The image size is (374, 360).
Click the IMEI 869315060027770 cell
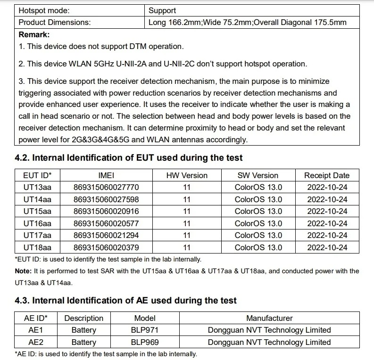click(106, 187)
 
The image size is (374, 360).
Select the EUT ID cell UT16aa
click(37, 223)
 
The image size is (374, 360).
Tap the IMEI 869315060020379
click(106, 247)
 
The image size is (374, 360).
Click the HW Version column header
click(187, 175)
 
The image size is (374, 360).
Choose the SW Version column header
click(258, 175)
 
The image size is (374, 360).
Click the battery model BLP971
click(145, 330)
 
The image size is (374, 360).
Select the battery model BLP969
click(145, 343)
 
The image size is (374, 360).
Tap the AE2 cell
click(36, 343)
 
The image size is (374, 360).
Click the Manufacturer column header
click(269, 318)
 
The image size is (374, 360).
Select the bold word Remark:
click(34, 34)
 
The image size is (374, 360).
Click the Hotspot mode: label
click(44, 10)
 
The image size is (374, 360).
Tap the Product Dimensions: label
click(55, 22)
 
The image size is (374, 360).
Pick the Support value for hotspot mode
click(162, 10)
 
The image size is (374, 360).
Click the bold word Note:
click(23, 271)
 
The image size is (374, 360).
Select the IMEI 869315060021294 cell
click(106, 235)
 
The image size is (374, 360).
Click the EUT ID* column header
click(37, 175)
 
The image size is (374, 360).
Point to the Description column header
click(83, 318)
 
